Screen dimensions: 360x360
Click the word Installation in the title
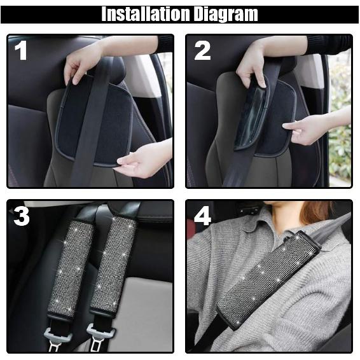click(x=146, y=14)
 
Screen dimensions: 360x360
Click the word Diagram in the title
click(x=226, y=15)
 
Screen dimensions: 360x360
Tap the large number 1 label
click(x=21, y=50)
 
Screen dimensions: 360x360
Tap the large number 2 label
click(x=202, y=51)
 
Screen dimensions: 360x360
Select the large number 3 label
click(x=22, y=216)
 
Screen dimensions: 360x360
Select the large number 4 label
click(x=202, y=216)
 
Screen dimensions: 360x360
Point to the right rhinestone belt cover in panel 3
click(x=113, y=264)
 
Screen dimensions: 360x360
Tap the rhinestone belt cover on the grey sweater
click(x=268, y=279)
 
